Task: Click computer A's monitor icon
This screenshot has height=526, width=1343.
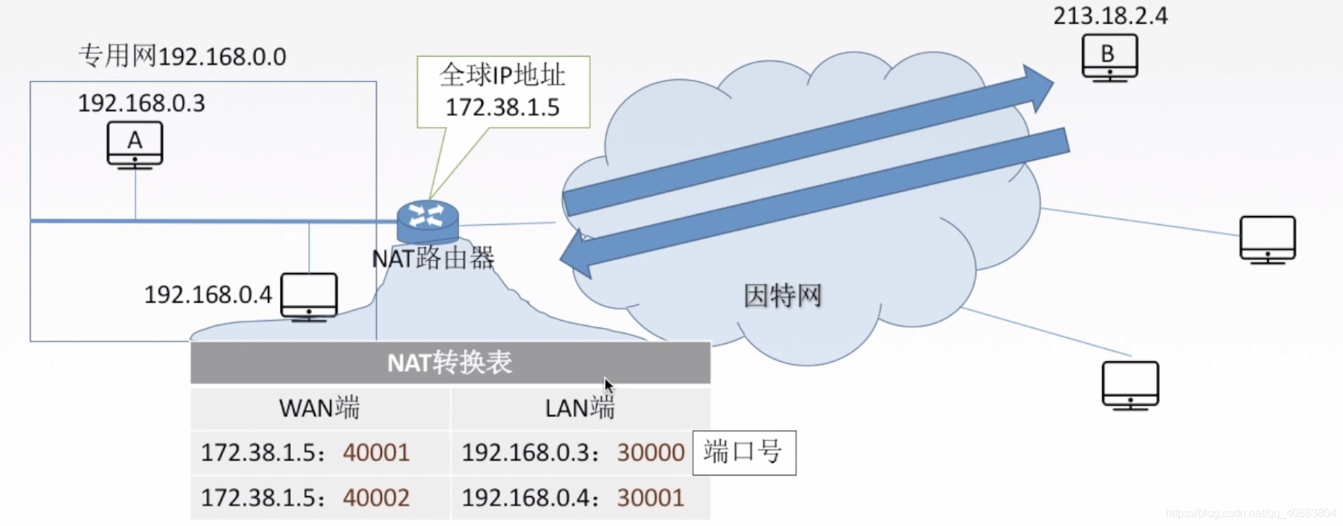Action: pos(135,144)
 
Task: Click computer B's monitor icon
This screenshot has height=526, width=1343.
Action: pos(1110,56)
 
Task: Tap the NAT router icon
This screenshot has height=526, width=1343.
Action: pos(428,220)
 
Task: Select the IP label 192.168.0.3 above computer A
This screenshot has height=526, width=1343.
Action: pos(141,104)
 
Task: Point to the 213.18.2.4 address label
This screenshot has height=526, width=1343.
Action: pos(1110,16)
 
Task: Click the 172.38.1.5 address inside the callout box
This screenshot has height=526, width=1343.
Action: pos(503,107)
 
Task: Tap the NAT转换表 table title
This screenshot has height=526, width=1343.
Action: pos(450,363)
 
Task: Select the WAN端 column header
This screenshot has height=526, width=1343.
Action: pos(319,407)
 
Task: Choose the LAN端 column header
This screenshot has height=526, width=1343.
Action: pos(580,407)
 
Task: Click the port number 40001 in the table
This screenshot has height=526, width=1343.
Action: pos(376,452)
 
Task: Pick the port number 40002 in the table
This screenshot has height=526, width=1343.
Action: pos(376,497)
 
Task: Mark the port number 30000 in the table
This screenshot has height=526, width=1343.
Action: pos(650,452)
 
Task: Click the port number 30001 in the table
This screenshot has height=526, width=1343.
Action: pos(650,497)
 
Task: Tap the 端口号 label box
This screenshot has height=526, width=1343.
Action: pos(744,452)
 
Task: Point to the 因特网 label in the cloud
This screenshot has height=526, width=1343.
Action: pos(782,296)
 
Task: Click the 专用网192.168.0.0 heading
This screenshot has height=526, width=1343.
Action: pos(182,56)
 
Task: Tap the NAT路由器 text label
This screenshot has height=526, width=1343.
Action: pos(432,258)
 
